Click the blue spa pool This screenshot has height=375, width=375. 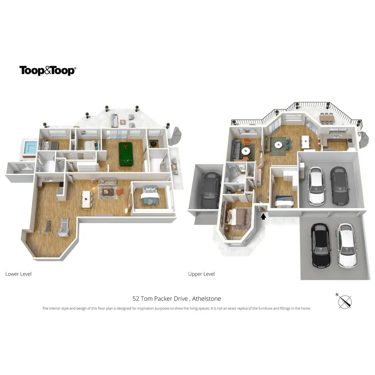[30, 147]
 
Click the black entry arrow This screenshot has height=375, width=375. [263, 216]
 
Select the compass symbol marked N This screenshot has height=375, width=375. [345, 302]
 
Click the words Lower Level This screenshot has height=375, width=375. [18, 274]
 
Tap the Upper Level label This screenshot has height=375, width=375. [201, 274]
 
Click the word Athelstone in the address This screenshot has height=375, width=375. [207, 299]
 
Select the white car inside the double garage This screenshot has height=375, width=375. [316, 186]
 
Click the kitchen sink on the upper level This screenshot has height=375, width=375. [336, 136]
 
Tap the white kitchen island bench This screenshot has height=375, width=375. [305, 142]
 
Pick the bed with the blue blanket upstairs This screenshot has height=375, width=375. [284, 200]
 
